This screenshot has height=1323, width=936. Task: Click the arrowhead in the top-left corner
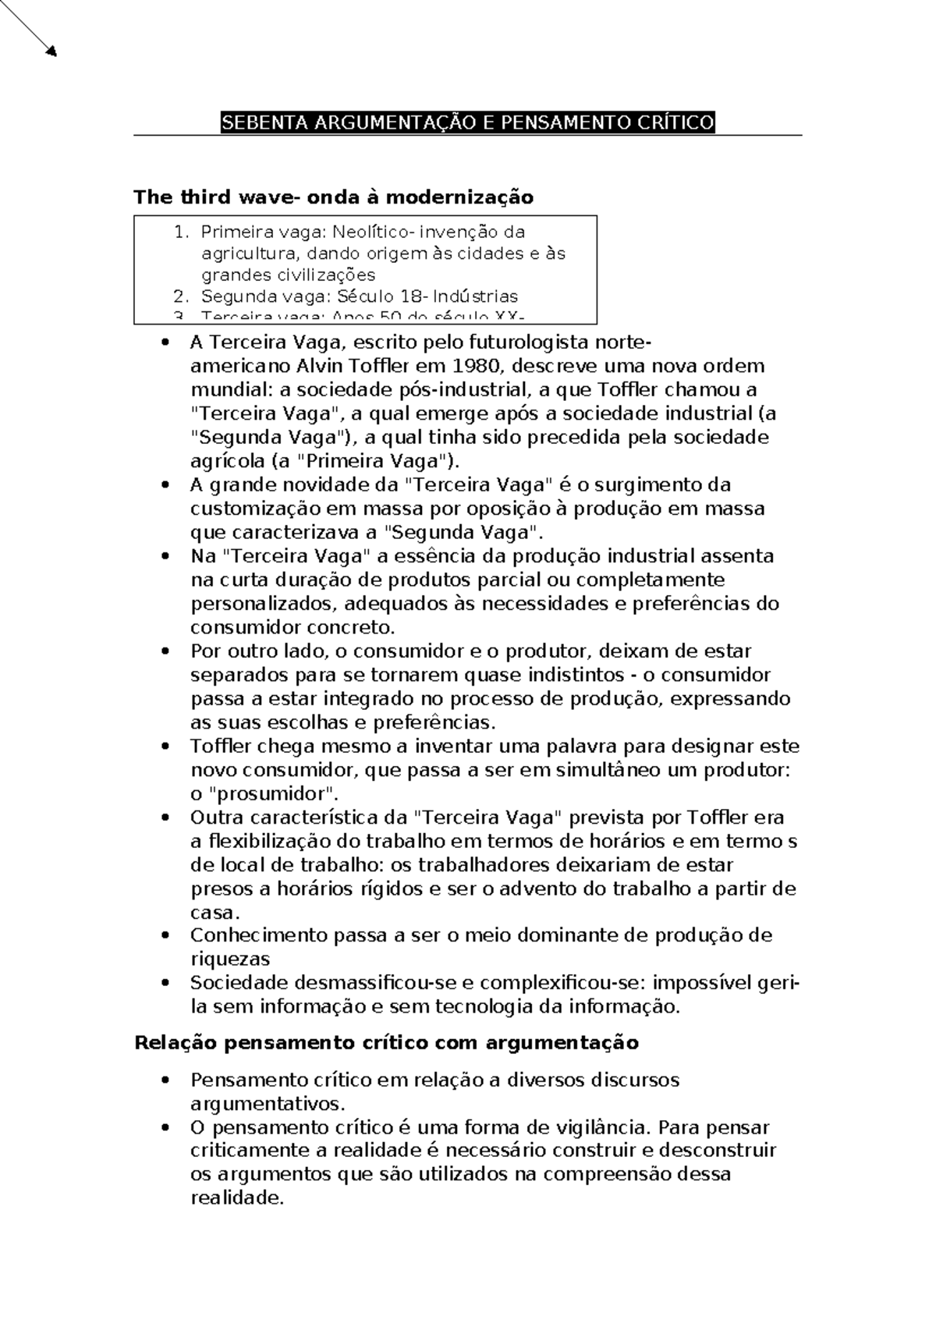point(51,51)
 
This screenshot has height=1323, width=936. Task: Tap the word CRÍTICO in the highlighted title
point(675,122)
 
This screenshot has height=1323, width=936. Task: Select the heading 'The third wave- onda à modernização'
point(333,197)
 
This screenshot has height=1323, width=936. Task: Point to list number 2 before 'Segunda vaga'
point(180,296)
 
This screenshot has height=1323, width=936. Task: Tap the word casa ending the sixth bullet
point(212,913)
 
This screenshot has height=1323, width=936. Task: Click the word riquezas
point(230,959)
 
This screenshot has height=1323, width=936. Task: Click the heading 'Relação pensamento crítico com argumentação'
point(386,1043)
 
